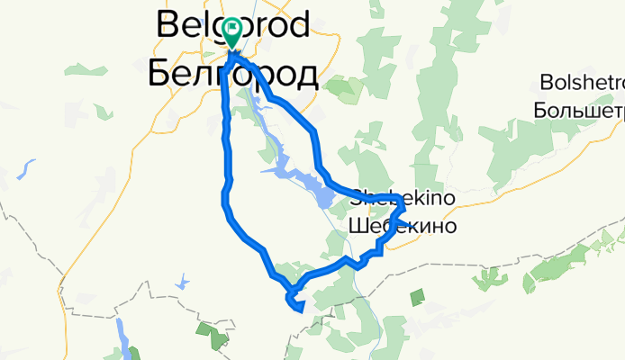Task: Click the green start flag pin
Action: coord(231,32)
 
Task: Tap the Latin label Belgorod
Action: coord(233,24)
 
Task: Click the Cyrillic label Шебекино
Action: coord(403,225)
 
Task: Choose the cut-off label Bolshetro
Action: coord(581,84)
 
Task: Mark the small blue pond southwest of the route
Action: coord(184,283)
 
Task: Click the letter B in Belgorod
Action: coord(167,24)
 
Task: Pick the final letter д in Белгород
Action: coord(305,76)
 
